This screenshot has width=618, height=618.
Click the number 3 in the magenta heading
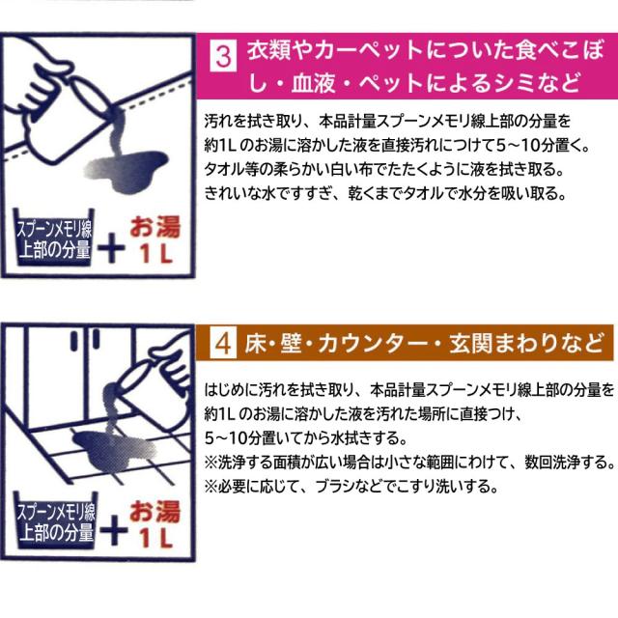(223, 57)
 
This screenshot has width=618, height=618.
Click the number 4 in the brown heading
(223, 344)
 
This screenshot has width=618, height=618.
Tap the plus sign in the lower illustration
(114, 530)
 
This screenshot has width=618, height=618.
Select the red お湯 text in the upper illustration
(154, 228)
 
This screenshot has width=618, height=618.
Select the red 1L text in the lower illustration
(156, 539)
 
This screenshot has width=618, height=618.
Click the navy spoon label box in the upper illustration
(54, 238)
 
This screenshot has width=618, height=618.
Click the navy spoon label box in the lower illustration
(56, 520)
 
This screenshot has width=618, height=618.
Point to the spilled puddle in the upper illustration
(126, 170)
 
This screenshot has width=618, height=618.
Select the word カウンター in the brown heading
(373, 344)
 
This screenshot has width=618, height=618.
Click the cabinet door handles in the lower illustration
(85, 340)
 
